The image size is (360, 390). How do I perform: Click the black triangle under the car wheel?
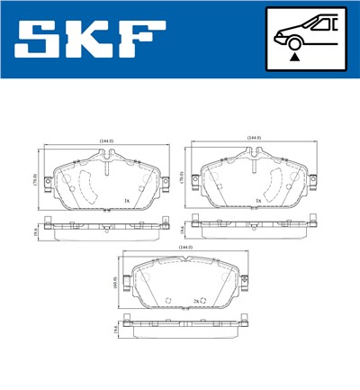294,57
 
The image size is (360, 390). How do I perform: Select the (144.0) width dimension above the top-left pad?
107,141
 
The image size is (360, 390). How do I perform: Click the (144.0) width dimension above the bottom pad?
185,246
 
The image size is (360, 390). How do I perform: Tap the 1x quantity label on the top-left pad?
127,200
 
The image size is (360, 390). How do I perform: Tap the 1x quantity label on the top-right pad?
258,200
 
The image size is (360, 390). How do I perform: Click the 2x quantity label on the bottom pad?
196,300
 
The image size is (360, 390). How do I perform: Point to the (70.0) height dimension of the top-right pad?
184,178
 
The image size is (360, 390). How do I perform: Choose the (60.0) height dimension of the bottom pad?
114,283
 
